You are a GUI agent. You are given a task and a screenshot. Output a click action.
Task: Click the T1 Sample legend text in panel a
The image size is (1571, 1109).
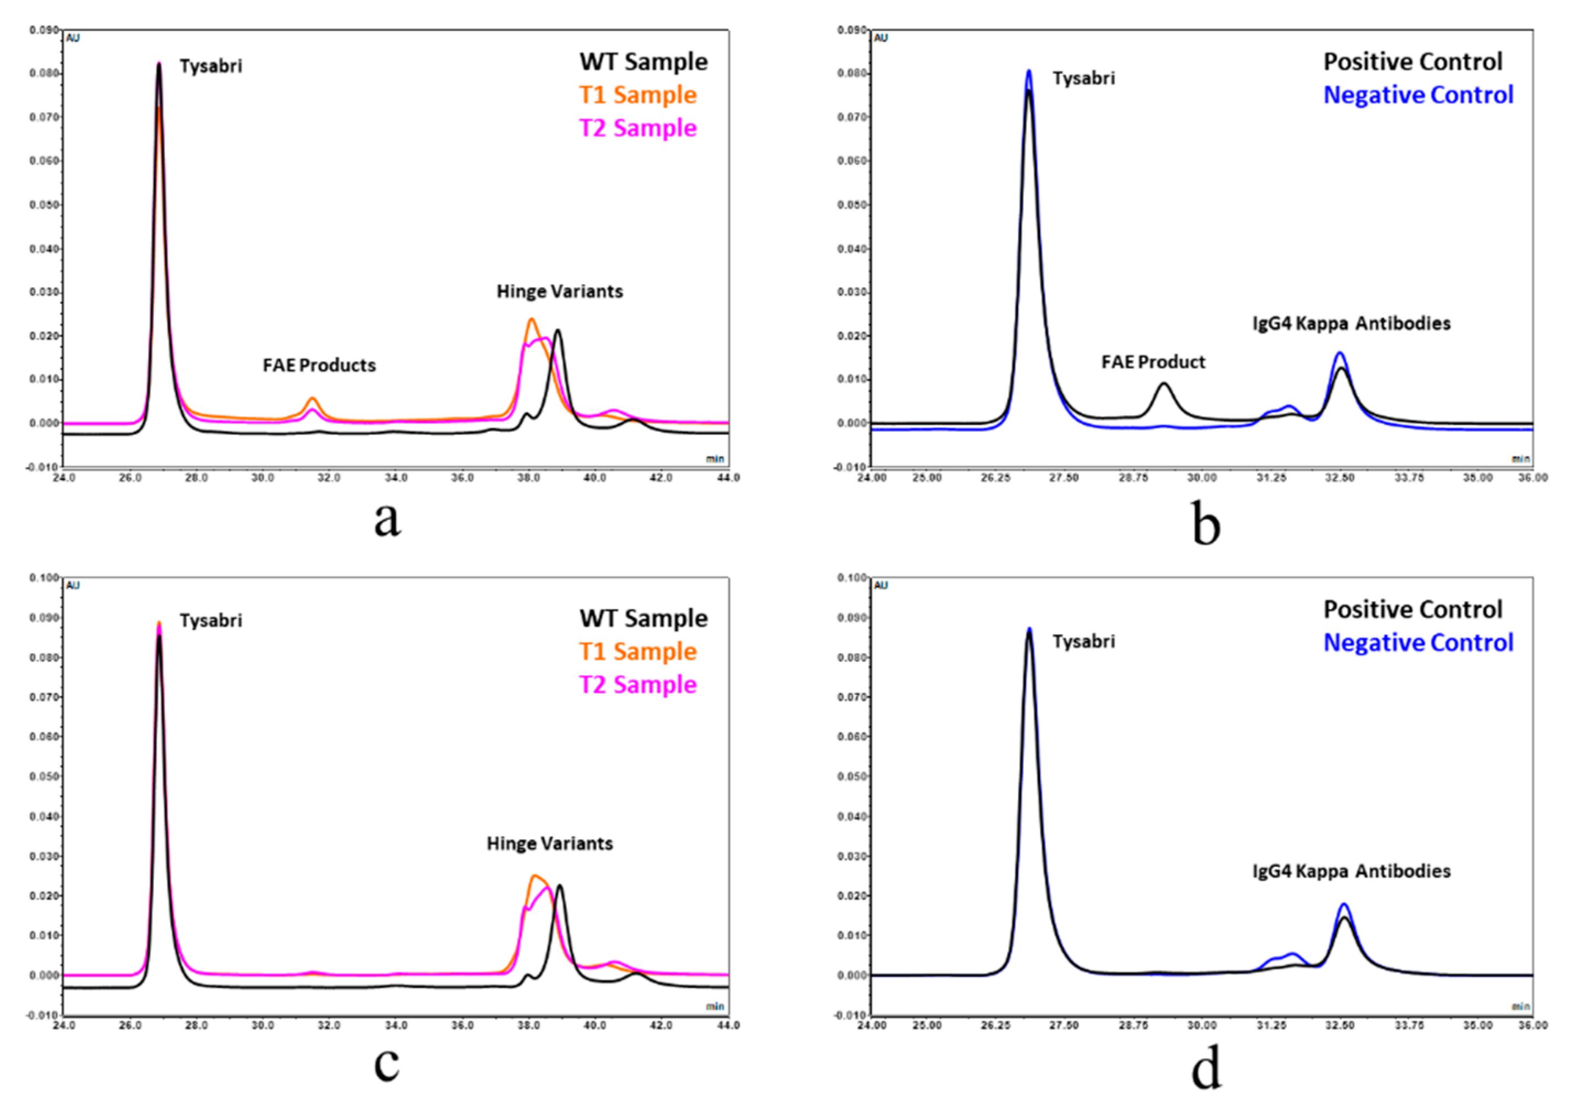(x=638, y=95)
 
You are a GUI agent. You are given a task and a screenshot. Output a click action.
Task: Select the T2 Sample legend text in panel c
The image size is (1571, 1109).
(x=638, y=684)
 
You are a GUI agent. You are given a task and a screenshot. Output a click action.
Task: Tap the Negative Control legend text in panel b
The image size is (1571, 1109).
(x=1418, y=95)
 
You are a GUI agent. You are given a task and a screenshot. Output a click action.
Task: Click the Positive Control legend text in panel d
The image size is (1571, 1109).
(x=1412, y=609)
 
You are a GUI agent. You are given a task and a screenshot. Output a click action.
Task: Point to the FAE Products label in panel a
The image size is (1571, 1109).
(x=319, y=366)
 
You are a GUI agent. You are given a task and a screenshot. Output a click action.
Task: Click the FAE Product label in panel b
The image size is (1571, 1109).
(x=1153, y=362)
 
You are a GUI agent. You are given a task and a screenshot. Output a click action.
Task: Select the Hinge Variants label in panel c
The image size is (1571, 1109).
(x=549, y=844)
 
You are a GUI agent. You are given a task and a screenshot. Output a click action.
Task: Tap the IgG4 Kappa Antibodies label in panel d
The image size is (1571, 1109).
(x=1351, y=872)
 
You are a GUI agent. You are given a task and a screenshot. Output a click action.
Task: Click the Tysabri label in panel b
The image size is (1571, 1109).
(x=1084, y=79)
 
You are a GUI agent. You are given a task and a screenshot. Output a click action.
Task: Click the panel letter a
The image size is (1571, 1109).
(x=388, y=520)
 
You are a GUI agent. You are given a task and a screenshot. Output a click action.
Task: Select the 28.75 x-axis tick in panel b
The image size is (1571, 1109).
(x=1133, y=478)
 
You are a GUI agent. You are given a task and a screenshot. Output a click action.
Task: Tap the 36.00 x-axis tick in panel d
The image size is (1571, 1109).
(x=1532, y=1025)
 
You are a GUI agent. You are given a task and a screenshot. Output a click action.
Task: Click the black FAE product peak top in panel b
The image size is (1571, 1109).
(x=1163, y=384)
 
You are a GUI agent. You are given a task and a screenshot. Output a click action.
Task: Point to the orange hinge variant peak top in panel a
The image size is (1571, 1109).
(x=532, y=319)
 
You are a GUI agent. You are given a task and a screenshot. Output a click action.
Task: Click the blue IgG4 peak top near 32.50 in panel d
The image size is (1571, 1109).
(x=1343, y=904)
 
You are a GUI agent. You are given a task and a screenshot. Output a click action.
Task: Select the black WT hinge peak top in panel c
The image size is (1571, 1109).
(x=560, y=886)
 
